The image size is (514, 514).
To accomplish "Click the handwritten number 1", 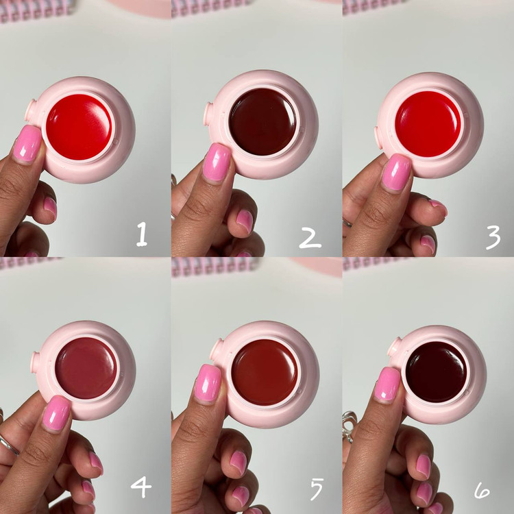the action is click(142, 234).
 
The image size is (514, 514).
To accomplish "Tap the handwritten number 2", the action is click(310, 238).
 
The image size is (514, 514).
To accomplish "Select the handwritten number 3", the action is click(493, 237).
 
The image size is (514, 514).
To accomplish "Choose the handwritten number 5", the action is click(317, 489).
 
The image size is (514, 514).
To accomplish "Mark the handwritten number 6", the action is click(482, 491).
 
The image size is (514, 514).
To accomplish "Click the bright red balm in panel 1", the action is click(79, 127).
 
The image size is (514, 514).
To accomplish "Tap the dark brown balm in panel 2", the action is click(262, 121).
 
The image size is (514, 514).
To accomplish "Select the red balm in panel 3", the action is click(428, 124).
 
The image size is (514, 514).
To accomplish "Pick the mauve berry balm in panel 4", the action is click(86, 368).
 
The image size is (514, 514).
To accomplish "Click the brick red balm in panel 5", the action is click(265, 372).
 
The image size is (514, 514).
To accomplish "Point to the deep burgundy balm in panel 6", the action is click(436, 372).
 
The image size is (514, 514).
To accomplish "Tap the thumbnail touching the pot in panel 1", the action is click(27, 143).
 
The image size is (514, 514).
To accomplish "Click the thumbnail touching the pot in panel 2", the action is click(217, 162).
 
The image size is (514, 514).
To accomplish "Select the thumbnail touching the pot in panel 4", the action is click(56, 413).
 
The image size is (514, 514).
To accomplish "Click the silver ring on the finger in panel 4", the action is click(9, 445).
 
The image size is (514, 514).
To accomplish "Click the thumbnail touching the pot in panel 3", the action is click(397, 173).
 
